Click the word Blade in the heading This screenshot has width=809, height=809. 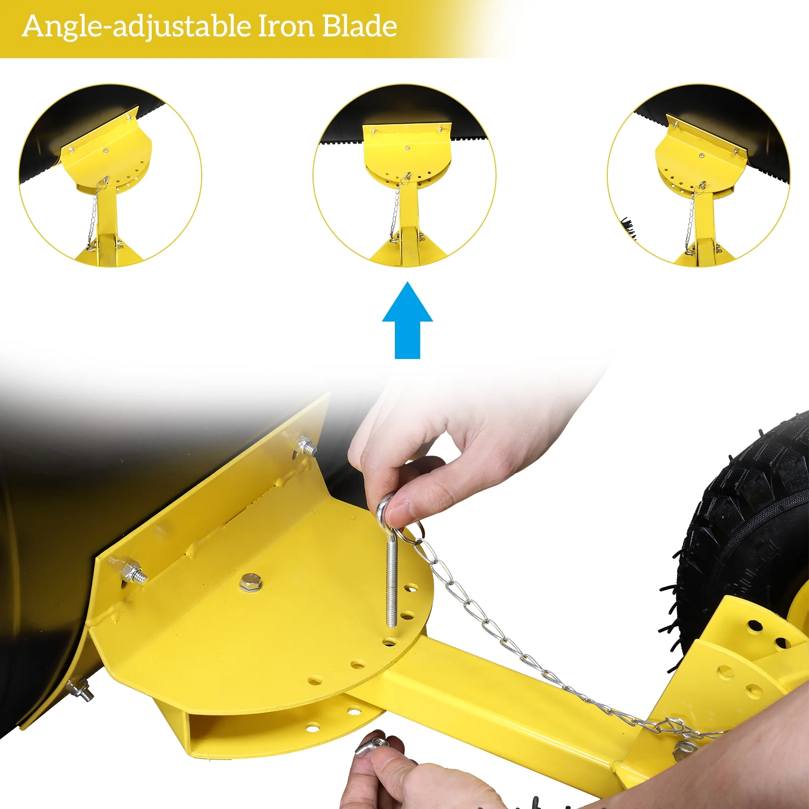[359, 26]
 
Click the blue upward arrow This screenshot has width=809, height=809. [407, 321]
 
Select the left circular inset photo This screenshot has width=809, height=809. [110, 175]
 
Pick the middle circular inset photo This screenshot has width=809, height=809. [404, 175]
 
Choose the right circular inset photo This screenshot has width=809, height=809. [698, 175]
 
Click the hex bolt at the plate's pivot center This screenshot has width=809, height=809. [250, 581]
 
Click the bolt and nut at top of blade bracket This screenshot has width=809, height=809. [305, 445]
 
